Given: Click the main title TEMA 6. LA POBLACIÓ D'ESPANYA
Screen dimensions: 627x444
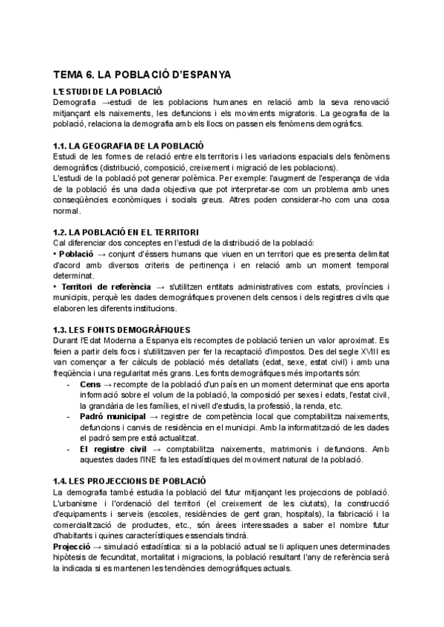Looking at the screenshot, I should coord(143,75).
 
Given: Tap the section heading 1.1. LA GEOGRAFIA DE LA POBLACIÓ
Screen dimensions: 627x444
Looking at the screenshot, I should coord(129,145).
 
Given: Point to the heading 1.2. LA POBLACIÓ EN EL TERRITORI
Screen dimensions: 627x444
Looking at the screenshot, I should coord(128,232).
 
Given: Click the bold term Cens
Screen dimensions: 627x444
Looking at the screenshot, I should coord(90,384).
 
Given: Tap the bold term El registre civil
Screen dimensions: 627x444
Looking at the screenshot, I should coord(112,449).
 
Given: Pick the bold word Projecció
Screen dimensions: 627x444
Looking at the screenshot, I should coord(77,546).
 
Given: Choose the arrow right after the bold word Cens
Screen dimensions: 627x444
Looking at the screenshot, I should coord(109,384).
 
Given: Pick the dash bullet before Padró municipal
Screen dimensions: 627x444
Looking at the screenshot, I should coord(69,417).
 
